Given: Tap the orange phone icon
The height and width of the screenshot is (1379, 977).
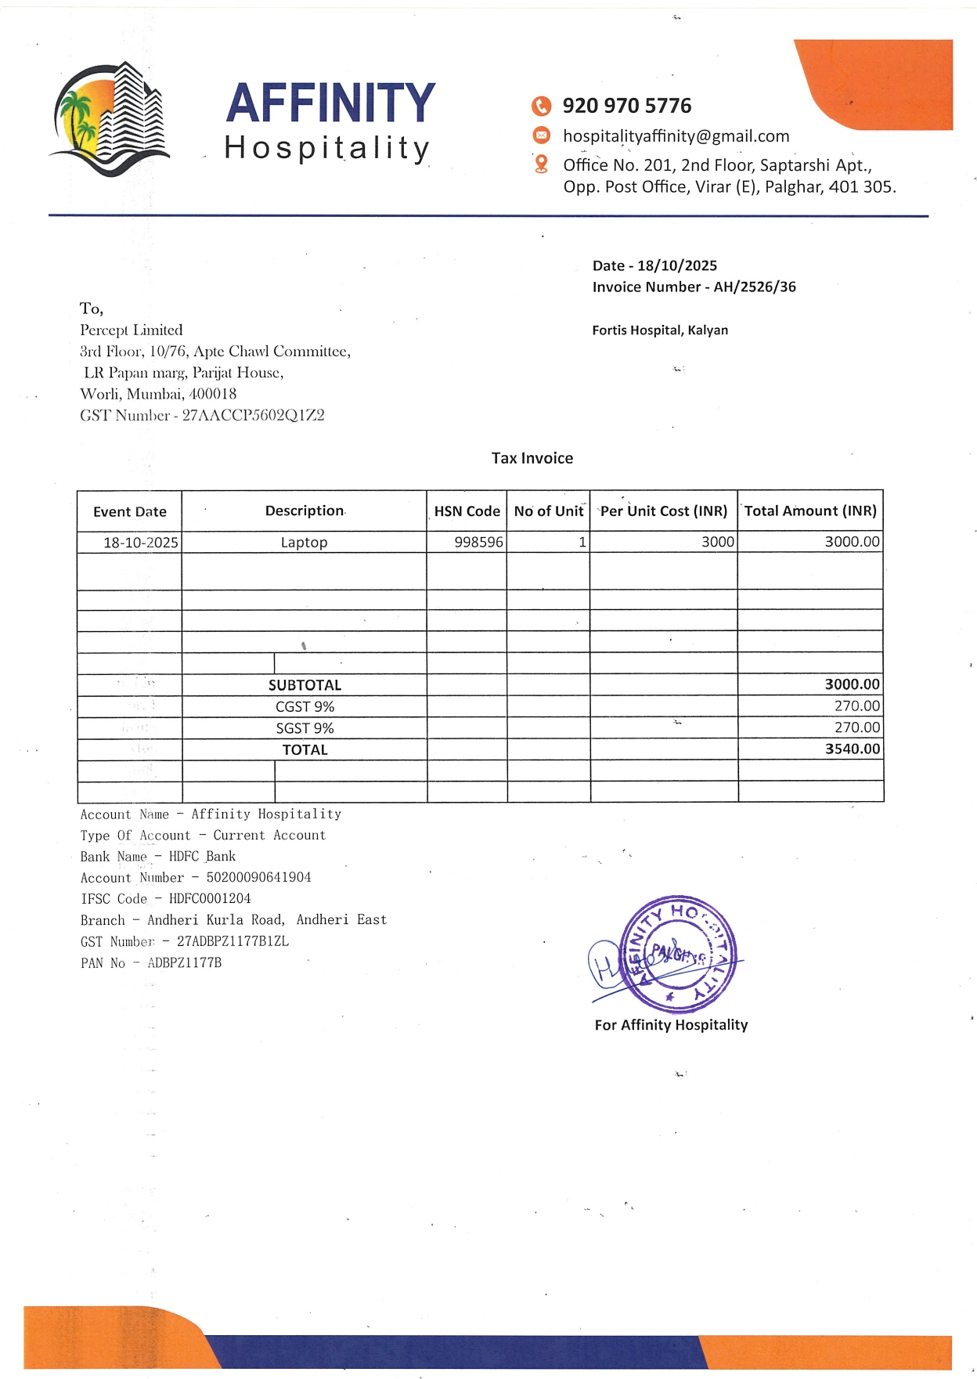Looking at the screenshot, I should click(x=541, y=106).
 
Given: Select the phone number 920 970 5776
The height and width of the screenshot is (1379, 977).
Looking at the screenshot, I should click(x=626, y=106).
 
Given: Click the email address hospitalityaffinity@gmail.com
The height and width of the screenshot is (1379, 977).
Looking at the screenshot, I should click(x=676, y=136).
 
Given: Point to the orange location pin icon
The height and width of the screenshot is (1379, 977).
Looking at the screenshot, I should click(x=541, y=164).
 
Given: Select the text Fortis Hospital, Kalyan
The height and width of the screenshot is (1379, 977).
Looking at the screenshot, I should click(x=659, y=330).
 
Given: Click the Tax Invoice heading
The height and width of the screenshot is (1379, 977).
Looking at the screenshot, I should click(x=532, y=458).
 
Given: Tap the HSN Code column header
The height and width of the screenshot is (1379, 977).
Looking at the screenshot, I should click(x=467, y=511).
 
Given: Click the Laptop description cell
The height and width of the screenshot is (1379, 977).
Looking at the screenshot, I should click(x=304, y=543).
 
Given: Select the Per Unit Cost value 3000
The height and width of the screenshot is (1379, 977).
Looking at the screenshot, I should click(x=717, y=542).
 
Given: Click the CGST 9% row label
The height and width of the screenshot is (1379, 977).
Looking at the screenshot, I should click(x=305, y=707).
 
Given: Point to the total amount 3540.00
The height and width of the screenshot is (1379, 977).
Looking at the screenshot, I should click(x=852, y=749).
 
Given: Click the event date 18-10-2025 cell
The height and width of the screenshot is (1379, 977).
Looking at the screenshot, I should click(x=140, y=543).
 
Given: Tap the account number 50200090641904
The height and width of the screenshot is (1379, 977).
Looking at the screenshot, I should click(x=258, y=878).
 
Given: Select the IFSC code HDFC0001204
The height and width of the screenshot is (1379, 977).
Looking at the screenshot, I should click(x=210, y=899).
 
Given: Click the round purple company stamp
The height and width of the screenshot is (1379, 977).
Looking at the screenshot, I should click(x=677, y=954).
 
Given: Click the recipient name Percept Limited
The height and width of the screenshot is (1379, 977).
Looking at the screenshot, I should click(x=132, y=330).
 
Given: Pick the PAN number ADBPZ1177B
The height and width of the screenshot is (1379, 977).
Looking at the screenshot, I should click(x=184, y=963).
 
